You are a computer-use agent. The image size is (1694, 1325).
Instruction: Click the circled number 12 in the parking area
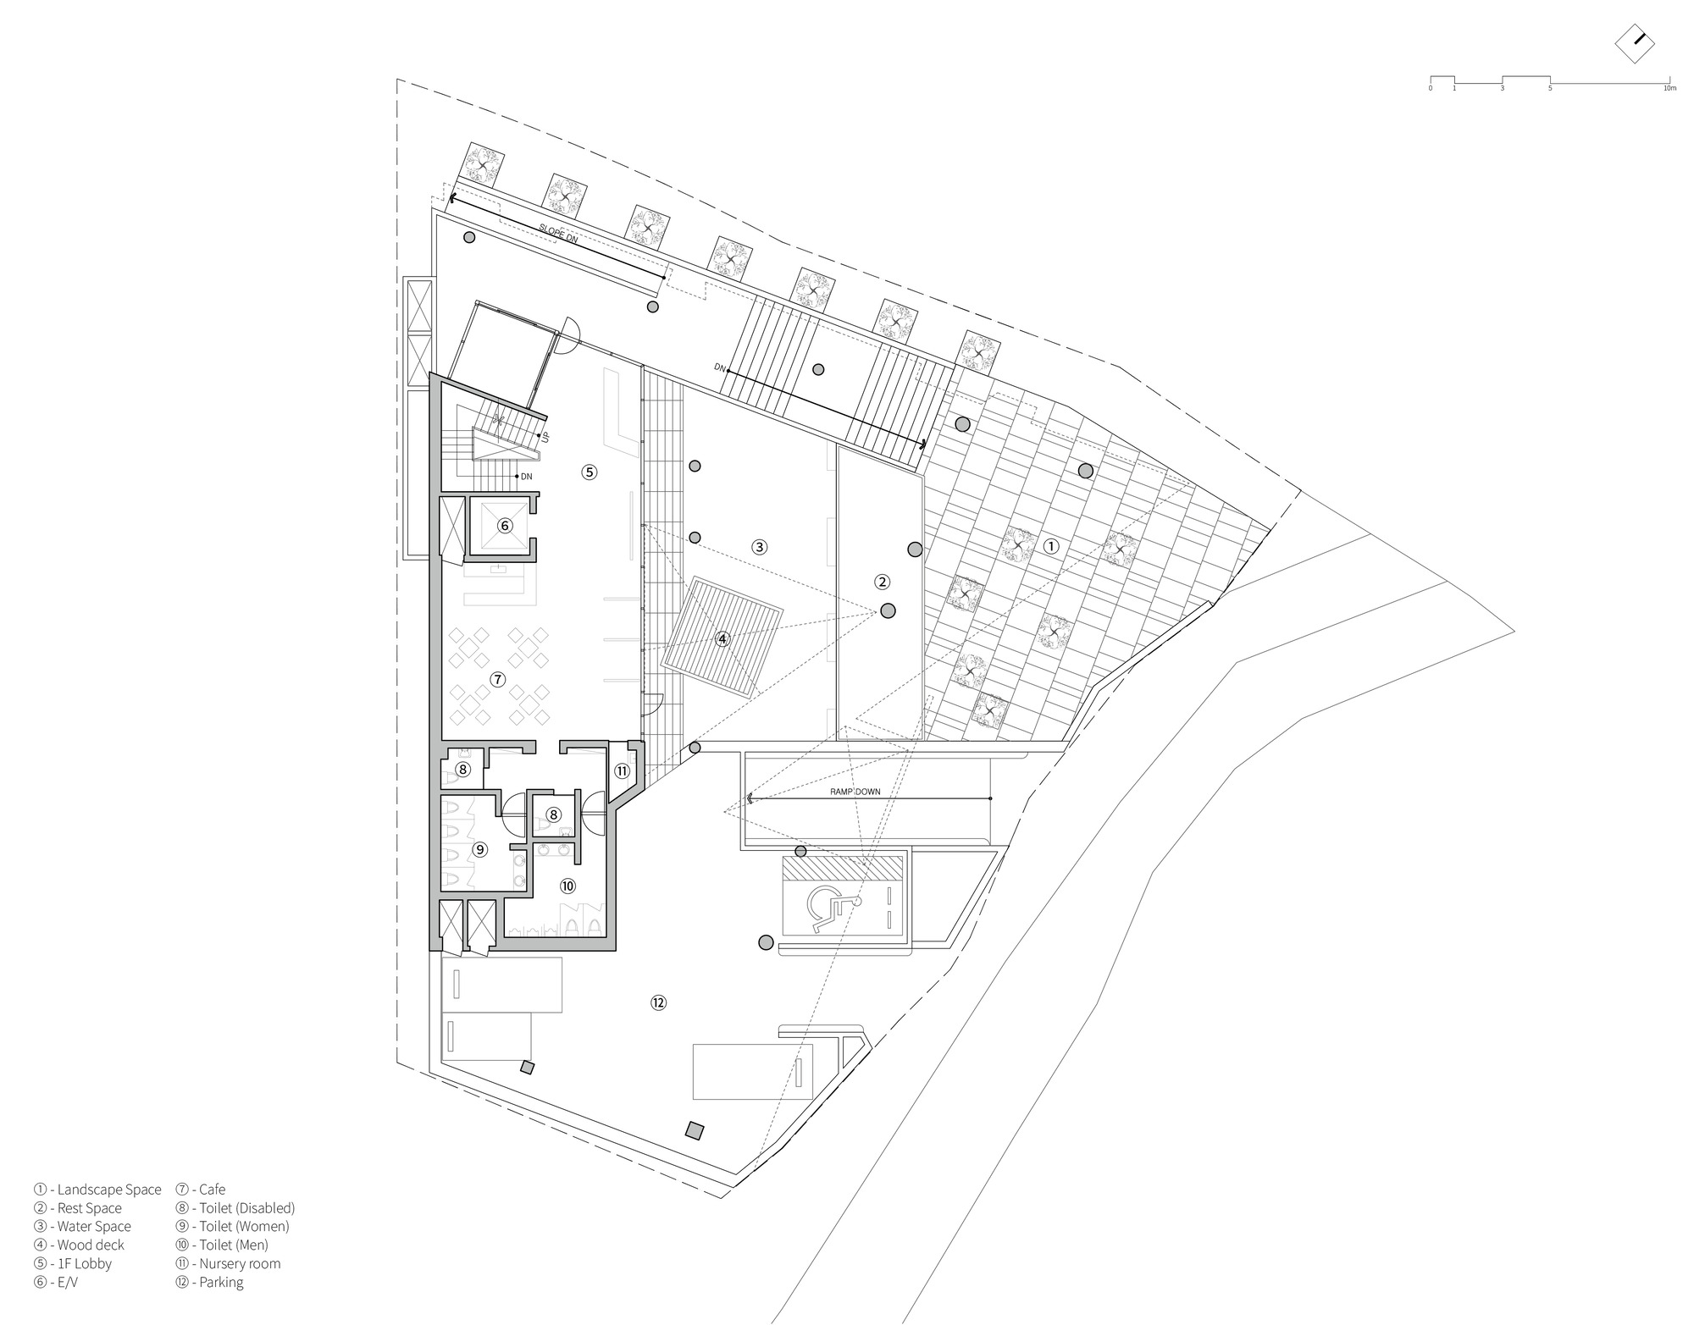(x=658, y=1002)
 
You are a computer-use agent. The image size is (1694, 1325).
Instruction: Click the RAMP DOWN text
(x=855, y=792)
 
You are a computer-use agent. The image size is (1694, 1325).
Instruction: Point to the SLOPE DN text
(x=558, y=234)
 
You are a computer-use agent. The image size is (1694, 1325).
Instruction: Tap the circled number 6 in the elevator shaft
(x=505, y=526)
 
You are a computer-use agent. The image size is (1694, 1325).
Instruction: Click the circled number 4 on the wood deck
(x=722, y=639)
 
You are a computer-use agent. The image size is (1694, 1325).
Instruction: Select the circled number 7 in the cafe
(x=497, y=679)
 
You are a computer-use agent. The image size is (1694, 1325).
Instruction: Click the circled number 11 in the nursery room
(x=623, y=770)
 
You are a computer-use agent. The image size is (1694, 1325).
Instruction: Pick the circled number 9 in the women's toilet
(x=479, y=849)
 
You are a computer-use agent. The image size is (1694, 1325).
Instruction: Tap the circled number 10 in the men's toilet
(x=567, y=886)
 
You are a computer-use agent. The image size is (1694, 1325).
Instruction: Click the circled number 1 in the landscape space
(x=1050, y=546)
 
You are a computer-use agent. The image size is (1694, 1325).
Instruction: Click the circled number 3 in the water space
(x=759, y=547)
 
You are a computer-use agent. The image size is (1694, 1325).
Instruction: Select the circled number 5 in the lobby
(x=590, y=472)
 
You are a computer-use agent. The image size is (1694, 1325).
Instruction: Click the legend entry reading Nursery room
(x=229, y=1263)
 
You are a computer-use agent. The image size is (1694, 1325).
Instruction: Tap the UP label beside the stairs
(x=545, y=438)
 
